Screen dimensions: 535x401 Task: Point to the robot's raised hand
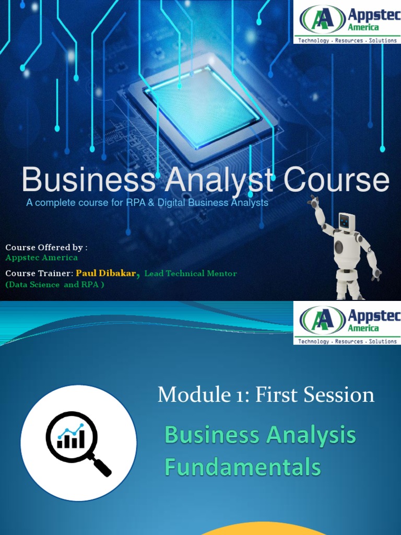313,201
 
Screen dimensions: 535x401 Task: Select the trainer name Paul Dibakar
106,273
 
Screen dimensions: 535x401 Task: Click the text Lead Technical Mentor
191,273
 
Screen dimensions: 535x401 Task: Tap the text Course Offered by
46,247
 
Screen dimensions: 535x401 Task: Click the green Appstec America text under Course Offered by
41,258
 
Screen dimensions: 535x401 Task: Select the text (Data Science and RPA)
55,285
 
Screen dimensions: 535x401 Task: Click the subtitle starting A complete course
147,203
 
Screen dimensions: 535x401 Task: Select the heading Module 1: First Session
266,395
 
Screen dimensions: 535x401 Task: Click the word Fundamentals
242,467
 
